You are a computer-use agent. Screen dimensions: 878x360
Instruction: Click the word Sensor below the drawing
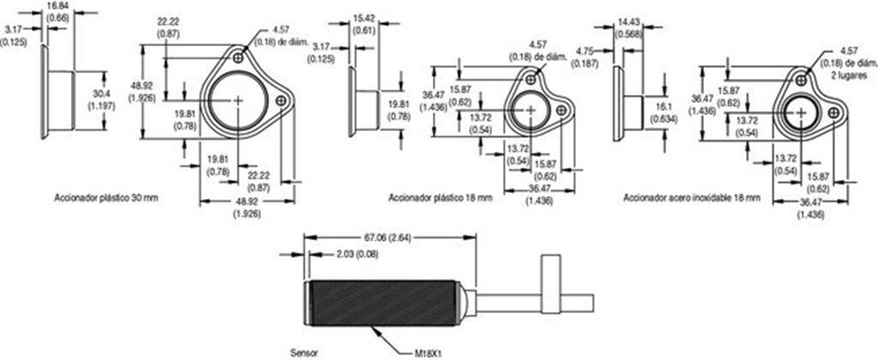pos(304,353)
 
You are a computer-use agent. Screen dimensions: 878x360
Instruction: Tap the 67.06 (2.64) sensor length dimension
pos(388,237)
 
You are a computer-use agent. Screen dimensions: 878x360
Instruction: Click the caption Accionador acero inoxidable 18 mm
pos(692,198)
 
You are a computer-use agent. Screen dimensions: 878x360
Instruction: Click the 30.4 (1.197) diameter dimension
pos(101,100)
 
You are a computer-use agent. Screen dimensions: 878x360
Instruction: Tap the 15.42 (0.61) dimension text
pos(364,27)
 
